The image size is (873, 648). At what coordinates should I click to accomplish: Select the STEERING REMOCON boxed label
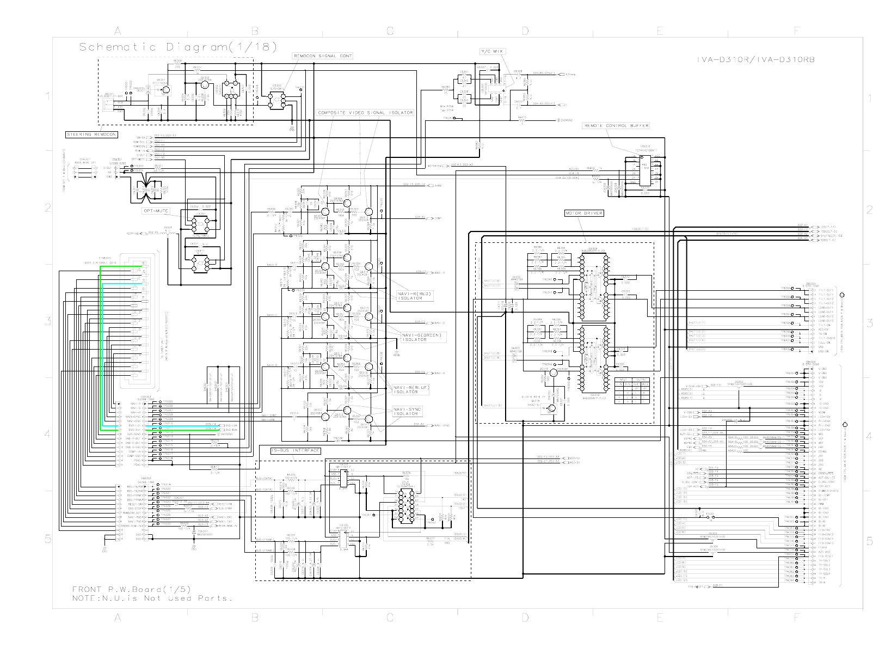91,134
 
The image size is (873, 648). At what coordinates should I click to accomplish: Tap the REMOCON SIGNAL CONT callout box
323,56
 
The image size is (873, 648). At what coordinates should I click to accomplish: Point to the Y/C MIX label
492,51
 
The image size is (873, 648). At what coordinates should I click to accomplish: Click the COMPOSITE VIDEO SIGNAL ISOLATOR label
365,113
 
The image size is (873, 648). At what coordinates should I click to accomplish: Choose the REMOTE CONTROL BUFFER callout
616,126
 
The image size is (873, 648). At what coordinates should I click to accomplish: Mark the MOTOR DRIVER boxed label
584,213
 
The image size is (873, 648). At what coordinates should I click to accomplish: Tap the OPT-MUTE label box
156,211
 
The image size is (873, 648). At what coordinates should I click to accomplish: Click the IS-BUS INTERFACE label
296,451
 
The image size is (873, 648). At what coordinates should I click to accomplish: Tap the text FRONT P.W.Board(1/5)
131,589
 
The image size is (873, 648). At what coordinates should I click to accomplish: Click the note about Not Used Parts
152,598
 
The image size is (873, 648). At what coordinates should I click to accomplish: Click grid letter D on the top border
525,32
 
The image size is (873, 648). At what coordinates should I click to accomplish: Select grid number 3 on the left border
47,321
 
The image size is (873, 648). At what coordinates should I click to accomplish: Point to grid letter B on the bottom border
254,618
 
